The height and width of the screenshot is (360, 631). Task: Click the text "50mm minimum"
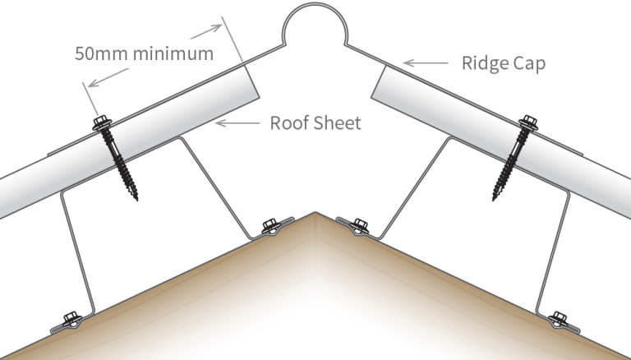coord(144,54)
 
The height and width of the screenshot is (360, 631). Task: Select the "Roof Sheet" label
coord(315,123)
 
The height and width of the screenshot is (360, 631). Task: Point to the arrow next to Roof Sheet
coord(237,123)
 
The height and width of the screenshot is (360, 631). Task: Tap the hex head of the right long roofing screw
coord(526,124)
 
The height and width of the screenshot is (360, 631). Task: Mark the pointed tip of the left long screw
coord(134,199)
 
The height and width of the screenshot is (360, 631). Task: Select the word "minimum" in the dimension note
coord(177,54)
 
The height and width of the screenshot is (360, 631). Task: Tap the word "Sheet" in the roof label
coord(338,123)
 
